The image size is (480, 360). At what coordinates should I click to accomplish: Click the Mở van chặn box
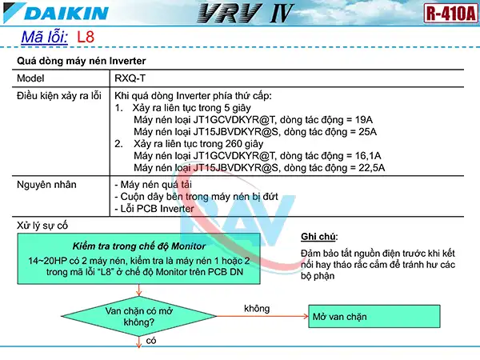[x=374, y=317]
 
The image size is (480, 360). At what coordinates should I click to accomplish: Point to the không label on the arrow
[x=257, y=308]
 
